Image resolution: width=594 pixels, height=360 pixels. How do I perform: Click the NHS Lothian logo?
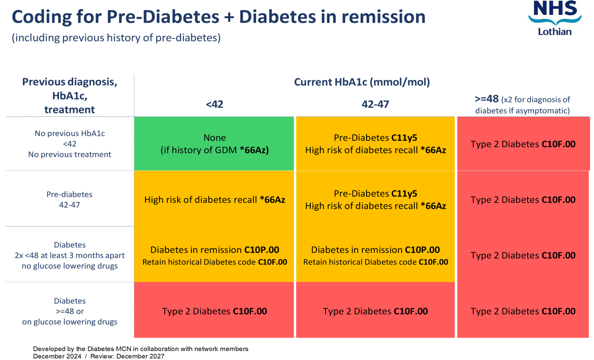[x=555, y=18]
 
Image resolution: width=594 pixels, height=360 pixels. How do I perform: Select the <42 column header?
[x=215, y=104]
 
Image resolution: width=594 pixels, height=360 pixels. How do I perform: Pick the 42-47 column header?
[x=375, y=104]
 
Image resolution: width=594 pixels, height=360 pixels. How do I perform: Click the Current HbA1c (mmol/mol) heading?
[x=362, y=82]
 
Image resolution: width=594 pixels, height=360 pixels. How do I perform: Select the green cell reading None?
[x=215, y=144]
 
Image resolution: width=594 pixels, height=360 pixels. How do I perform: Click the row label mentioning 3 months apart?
[x=70, y=255]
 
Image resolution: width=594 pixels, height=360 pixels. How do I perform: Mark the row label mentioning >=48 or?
[x=70, y=311]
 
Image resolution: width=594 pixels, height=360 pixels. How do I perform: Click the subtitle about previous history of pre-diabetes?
[x=116, y=38]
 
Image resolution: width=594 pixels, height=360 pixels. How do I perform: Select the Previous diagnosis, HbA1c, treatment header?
[x=70, y=96]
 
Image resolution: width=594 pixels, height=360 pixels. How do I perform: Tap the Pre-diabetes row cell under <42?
[x=215, y=200]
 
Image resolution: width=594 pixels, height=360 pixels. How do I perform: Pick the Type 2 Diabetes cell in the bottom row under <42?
[x=215, y=311]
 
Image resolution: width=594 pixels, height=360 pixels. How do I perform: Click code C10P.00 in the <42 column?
[x=262, y=250]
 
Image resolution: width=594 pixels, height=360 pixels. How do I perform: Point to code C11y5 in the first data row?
[x=404, y=138]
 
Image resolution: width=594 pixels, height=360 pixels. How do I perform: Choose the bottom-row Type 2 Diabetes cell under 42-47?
[x=375, y=311]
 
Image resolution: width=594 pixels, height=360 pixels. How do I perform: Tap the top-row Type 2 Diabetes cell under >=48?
[x=523, y=144]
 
